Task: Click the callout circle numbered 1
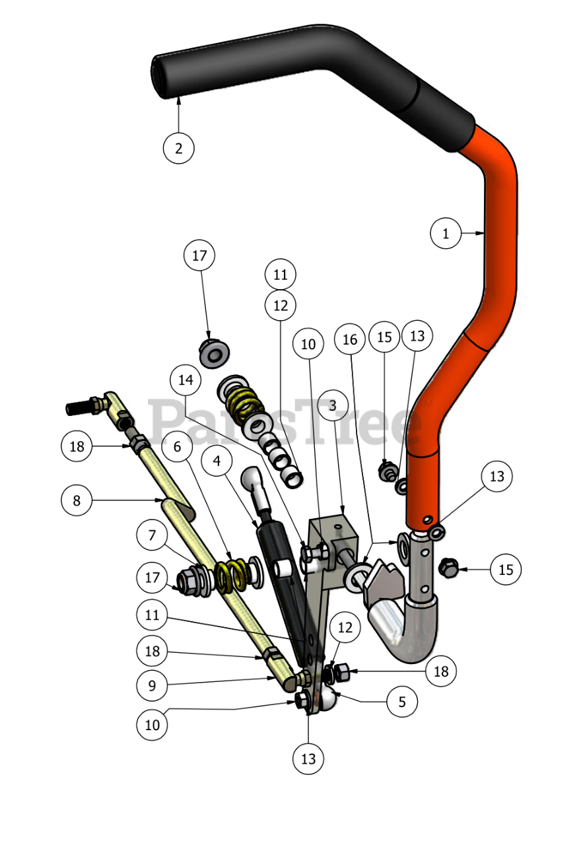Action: point(446,233)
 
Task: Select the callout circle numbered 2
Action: point(179,148)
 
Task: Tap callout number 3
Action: point(333,405)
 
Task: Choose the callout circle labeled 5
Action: point(402,702)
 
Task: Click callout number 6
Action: point(176,447)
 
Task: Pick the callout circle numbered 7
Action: point(153,535)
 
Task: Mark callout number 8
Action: point(77,500)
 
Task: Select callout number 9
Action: point(153,686)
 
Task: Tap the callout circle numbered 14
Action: point(186,380)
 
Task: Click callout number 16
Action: point(350,339)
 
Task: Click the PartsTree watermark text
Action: point(284,422)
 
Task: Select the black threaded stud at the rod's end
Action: point(79,407)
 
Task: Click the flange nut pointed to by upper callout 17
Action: point(214,352)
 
